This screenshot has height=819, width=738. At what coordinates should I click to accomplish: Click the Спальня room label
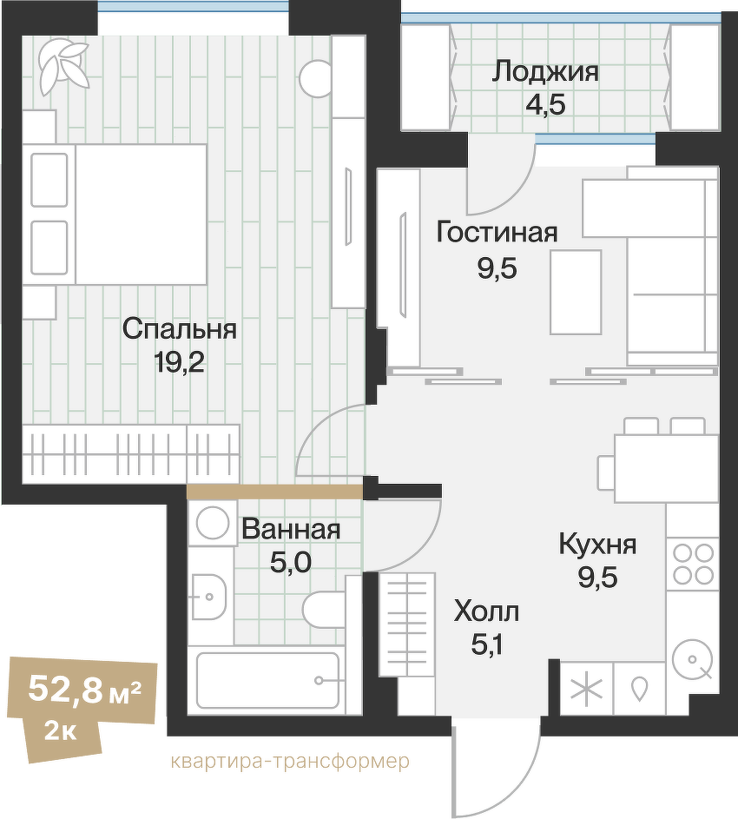pyautogui.click(x=179, y=330)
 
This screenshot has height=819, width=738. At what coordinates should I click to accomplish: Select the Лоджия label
pyautogui.click(x=544, y=71)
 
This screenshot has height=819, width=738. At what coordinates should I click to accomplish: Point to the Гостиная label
pyautogui.click(x=497, y=233)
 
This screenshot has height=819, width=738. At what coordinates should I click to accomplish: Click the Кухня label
pyautogui.click(x=597, y=545)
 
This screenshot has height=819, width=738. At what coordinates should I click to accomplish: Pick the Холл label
pyautogui.click(x=486, y=612)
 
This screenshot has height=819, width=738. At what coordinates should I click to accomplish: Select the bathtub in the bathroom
pyautogui.click(x=267, y=680)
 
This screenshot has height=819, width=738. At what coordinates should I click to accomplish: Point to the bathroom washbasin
pyautogui.click(x=208, y=597)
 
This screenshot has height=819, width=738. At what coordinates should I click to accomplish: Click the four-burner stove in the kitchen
pyautogui.click(x=693, y=563)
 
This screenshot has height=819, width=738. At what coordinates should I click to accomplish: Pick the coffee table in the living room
pyautogui.click(x=576, y=292)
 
